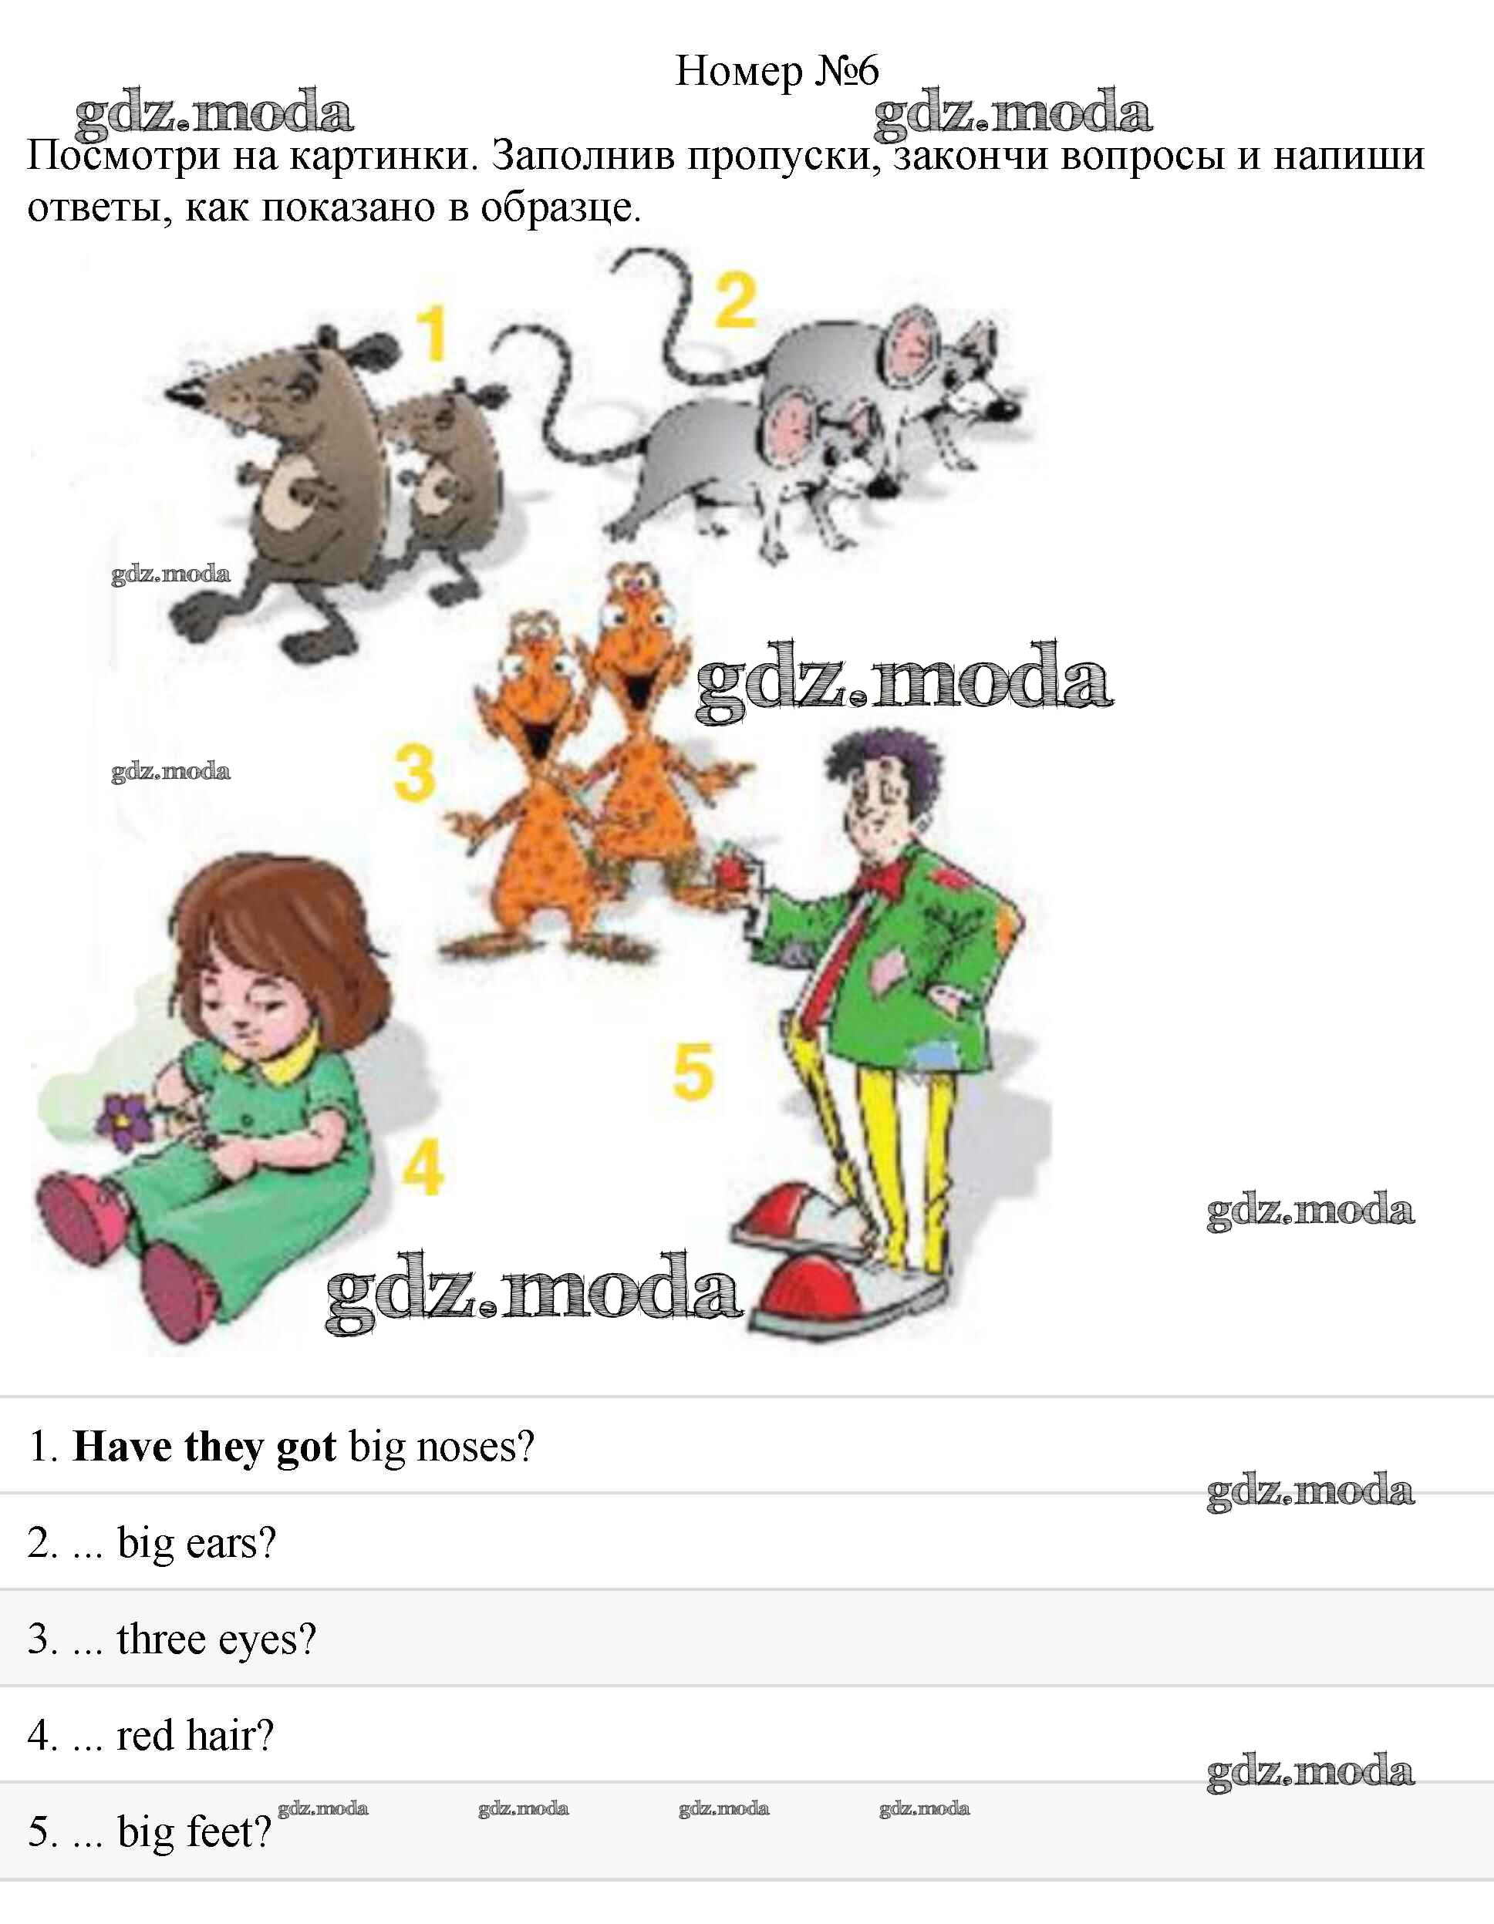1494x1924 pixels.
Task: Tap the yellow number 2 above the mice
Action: click(x=736, y=301)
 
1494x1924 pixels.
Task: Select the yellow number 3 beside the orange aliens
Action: click(x=415, y=773)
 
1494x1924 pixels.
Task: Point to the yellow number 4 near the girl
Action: click(x=423, y=1168)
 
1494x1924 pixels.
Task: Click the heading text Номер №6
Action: click(x=777, y=70)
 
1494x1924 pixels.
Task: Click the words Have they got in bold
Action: click(x=204, y=1447)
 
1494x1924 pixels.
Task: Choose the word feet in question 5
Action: click(x=228, y=1831)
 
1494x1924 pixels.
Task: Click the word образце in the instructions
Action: click(x=559, y=209)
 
